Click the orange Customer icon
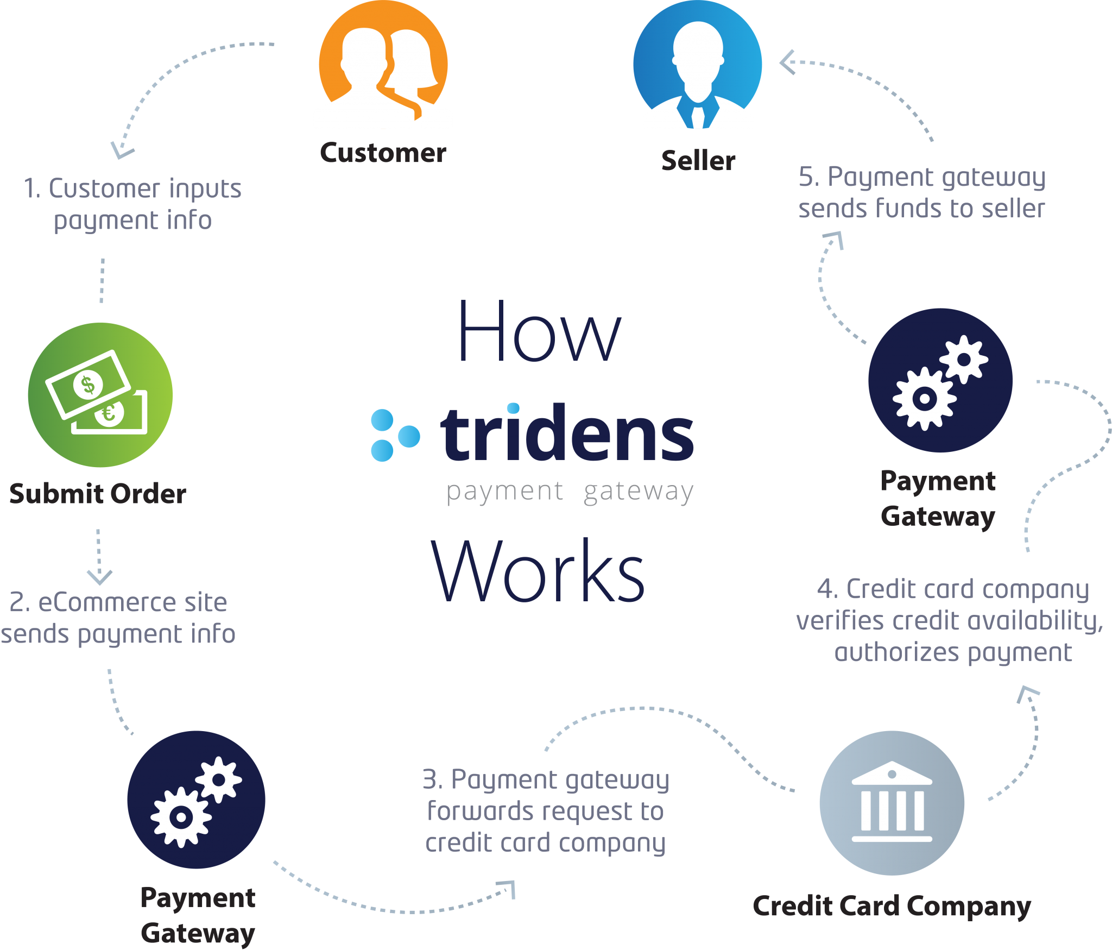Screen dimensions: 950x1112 pos(383,65)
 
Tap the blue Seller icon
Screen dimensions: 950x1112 pos(698,65)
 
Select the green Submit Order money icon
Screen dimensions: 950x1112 pos(100,395)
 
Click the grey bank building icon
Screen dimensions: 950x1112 pos(892,802)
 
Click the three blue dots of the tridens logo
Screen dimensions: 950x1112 pos(392,435)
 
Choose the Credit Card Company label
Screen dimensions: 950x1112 pos(892,906)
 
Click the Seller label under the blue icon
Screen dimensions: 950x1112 pos(698,161)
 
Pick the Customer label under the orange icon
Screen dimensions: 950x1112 pos(383,153)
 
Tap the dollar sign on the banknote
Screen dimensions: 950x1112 pos(88,385)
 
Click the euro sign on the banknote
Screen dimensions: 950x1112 pos(109,414)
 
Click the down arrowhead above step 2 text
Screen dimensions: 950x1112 pos(99,577)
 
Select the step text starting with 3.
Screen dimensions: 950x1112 pos(545,810)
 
